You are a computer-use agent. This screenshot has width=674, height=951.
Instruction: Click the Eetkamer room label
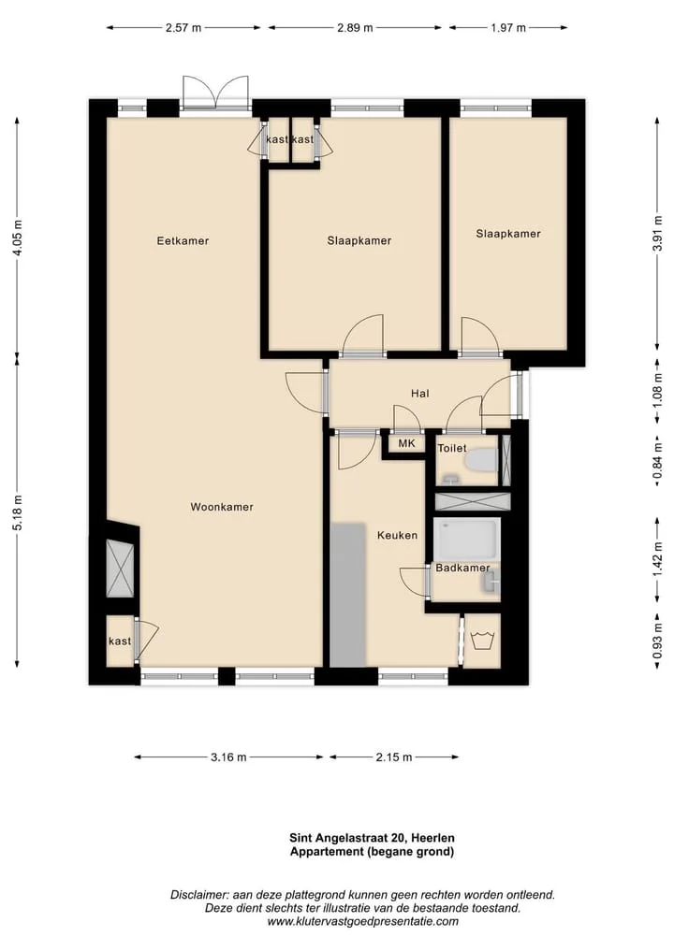[183, 240]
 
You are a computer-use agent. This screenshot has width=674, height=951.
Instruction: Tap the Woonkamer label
[222, 507]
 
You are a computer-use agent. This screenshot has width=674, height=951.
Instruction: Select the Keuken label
[397, 535]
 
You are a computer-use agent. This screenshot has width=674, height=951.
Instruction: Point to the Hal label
[419, 394]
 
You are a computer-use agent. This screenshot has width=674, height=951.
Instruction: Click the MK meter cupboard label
[407, 443]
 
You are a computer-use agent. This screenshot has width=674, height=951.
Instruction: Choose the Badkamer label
[462, 568]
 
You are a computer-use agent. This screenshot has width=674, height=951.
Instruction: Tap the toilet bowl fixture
[481, 460]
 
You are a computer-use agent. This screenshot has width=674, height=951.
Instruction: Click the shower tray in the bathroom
[467, 540]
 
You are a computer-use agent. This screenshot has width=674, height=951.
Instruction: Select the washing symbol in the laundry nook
[483, 641]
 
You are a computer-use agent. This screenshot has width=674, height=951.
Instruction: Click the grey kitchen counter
[348, 595]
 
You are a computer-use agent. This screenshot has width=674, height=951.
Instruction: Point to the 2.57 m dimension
[183, 28]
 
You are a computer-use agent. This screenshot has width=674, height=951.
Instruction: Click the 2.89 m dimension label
[355, 28]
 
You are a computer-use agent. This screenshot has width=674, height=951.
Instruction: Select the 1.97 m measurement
[508, 28]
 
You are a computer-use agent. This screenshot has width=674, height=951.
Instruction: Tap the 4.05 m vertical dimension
[18, 237]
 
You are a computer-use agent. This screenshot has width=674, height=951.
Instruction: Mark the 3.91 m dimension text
[657, 233]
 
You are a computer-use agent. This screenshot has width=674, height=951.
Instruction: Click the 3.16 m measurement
[229, 756]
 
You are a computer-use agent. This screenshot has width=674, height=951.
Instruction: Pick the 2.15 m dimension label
[394, 756]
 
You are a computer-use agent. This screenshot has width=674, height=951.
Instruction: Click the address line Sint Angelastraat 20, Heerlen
[372, 838]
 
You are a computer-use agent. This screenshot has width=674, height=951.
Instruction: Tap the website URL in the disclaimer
[362, 922]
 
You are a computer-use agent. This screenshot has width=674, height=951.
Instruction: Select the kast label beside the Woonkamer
[120, 641]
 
